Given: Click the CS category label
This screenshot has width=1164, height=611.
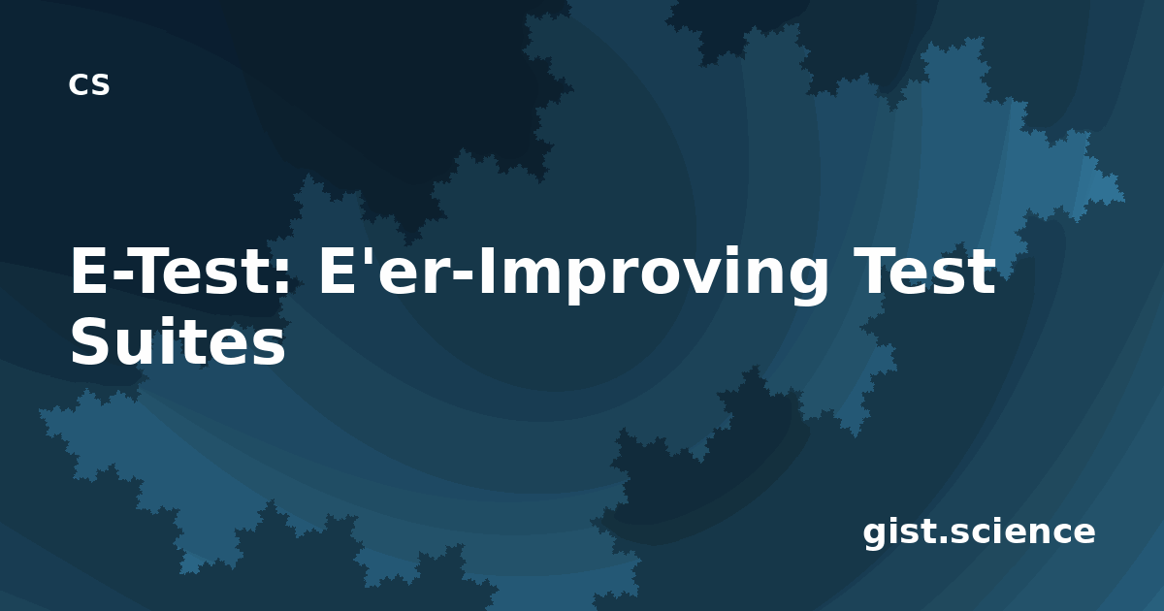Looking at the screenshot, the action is [x=89, y=84].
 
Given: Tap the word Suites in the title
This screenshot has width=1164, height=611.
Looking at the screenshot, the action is [x=178, y=341].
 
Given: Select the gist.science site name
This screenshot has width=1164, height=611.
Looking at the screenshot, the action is [x=979, y=533].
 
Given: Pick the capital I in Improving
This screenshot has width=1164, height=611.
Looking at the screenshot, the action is [x=485, y=272].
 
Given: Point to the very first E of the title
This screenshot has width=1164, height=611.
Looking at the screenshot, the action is [x=89, y=272].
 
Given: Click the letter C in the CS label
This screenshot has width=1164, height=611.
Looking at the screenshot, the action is [x=78, y=84].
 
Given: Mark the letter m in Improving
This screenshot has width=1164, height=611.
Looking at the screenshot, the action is [x=529, y=277].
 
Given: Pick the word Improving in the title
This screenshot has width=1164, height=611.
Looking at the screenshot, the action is [x=653, y=275].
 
